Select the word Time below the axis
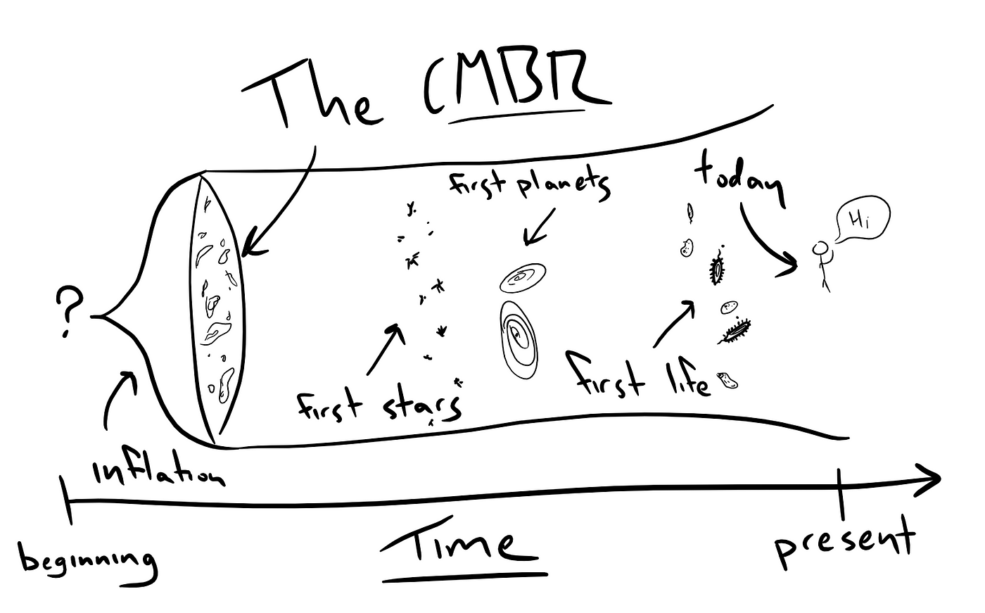coord(464,545)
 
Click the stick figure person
coord(822,264)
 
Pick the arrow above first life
coord(674,323)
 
